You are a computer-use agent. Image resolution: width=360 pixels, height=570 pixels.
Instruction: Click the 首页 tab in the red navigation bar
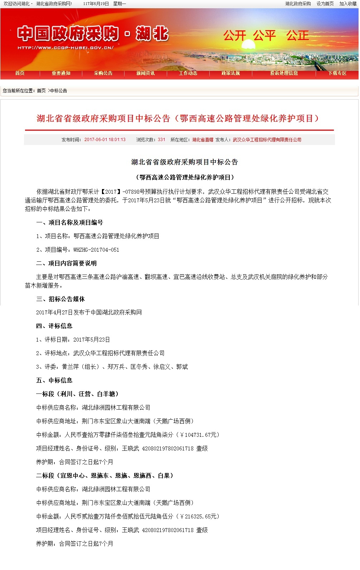click(x=20, y=73)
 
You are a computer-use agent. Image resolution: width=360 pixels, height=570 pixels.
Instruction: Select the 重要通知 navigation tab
click(x=61, y=73)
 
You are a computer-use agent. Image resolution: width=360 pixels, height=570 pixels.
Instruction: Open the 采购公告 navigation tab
click(x=103, y=73)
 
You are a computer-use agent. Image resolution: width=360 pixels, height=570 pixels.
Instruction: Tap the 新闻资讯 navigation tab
click(x=145, y=73)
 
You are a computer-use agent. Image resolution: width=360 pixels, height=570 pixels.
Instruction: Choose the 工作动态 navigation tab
click(x=188, y=73)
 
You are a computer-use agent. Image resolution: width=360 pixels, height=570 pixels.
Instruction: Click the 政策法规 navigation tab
click(x=230, y=73)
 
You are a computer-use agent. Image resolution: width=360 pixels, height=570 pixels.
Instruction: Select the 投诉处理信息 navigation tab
click(x=284, y=73)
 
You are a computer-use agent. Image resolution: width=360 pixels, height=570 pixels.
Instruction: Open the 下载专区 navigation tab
click(x=337, y=73)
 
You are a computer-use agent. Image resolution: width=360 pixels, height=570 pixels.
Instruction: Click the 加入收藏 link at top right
click(x=348, y=4)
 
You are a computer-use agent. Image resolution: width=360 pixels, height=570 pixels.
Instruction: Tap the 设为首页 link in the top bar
click(x=325, y=4)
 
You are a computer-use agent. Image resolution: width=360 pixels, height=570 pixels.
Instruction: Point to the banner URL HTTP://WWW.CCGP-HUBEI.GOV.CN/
click(x=65, y=48)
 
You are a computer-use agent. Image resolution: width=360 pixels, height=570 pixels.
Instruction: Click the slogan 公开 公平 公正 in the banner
click(x=266, y=35)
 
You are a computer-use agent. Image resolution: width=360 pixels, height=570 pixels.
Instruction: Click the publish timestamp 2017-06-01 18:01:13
click(x=105, y=140)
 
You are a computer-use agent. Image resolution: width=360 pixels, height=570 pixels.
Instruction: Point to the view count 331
click(x=161, y=140)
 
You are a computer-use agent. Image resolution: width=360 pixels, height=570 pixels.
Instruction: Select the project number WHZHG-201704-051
click(x=96, y=250)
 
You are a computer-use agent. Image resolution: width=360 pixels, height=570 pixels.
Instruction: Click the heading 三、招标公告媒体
click(x=60, y=299)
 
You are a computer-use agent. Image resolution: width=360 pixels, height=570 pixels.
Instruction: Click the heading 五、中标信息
click(x=54, y=380)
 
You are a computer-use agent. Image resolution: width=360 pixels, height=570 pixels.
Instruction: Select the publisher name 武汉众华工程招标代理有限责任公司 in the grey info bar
click(x=267, y=140)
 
